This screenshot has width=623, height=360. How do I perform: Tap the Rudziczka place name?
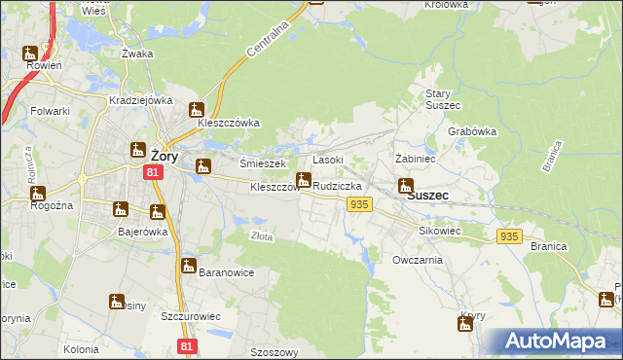pyautogui.click(x=338, y=185)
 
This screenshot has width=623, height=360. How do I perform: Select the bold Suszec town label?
pyautogui.click(x=427, y=195)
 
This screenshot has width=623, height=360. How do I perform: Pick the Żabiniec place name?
pyautogui.click(x=414, y=158)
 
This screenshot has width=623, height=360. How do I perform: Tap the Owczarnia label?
pyautogui.click(x=418, y=260)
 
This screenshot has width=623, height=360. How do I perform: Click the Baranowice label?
pyautogui.click(x=226, y=272)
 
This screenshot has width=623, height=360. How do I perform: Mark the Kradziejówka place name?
pyautogui.click(x=141, y=100)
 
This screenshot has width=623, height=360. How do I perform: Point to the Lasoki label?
pyautogui.click(x=327, y=159)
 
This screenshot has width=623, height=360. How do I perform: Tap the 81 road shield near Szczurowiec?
pyautogui.click(x=189, y=345)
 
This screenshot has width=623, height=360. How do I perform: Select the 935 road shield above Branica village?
pyautogui.click(x=509, y=236)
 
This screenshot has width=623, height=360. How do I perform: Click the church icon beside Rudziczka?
pyautogui.click(x=304, y=180)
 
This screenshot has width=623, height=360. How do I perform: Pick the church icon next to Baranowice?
pyautogui.click(x=189, y=266)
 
